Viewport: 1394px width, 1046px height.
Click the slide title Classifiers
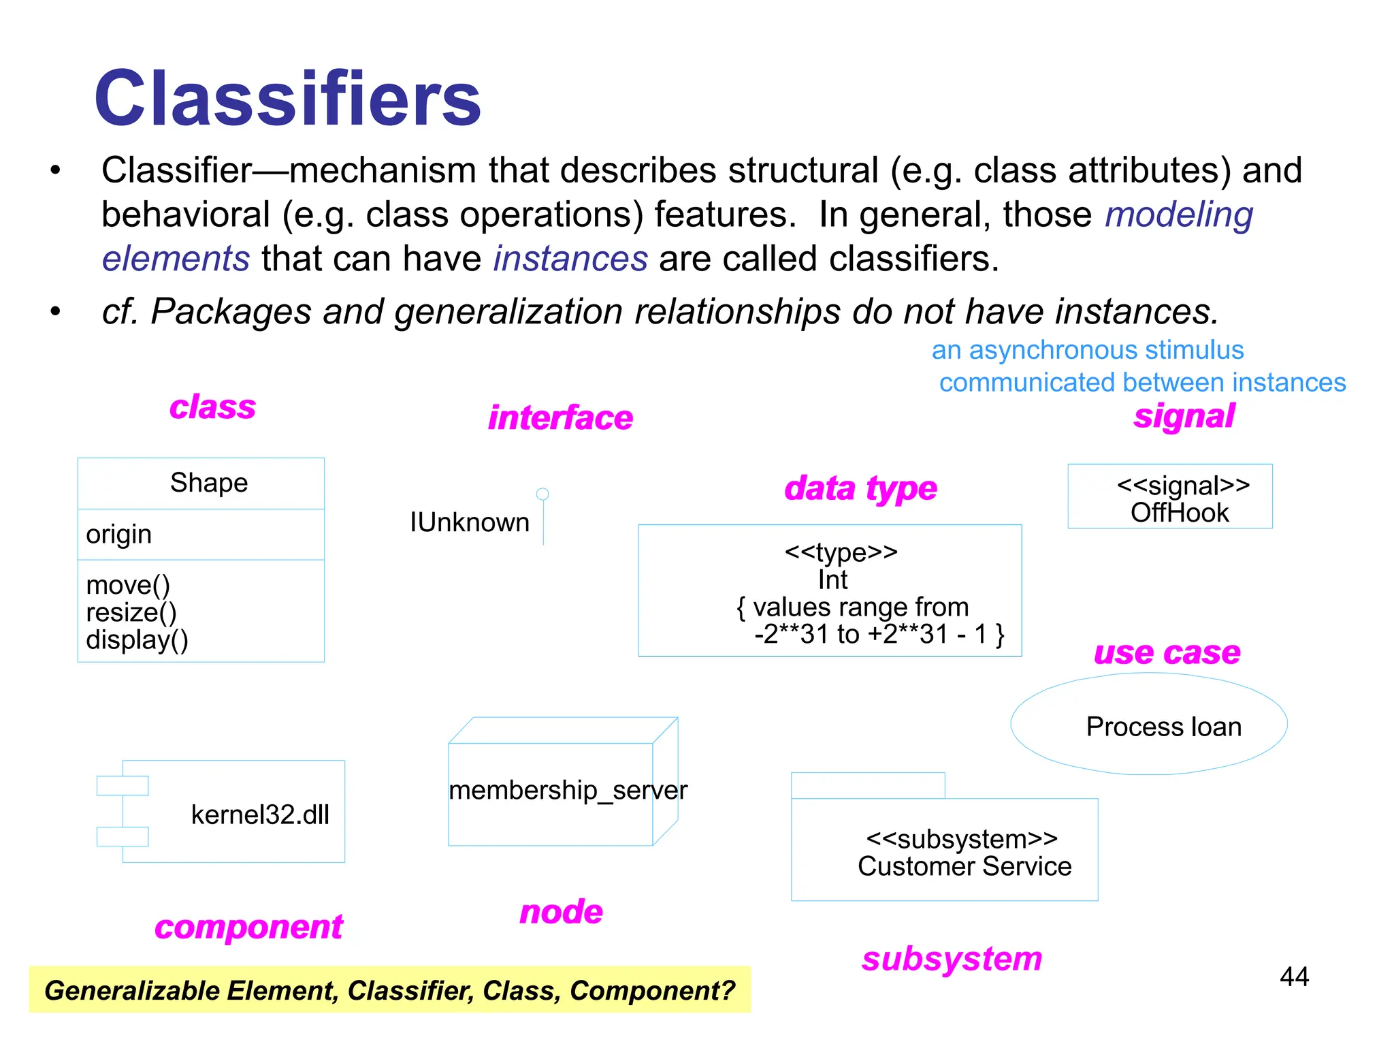[x=287, y=99]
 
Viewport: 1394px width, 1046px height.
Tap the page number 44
[x=1294, y=977]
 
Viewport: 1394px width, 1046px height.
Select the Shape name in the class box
[x=209, y=483]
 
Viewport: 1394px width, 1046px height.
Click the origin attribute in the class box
[x=118, y=535]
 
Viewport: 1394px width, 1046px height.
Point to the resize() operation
[x=131, y=612]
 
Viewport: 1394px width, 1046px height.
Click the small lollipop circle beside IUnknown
[x=542, y=494]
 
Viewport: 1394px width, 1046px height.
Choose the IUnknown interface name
[x=469, y=522]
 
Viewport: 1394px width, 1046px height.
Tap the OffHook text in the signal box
[x=1180, y=513]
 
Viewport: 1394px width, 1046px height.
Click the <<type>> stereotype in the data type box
[x=841, y=552]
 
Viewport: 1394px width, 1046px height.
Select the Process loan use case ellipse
[x=1149, y=725]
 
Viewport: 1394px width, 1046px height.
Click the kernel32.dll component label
[x=260, y=814]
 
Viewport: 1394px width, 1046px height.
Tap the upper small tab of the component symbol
[x=123, y=785]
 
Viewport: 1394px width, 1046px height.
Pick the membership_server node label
[x=568, y=790]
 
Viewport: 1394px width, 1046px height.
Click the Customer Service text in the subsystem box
[x=965, y=866]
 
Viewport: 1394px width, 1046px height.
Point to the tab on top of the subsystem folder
[x=868, y=785]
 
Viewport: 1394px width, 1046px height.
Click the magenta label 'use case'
[x=1167, y=652]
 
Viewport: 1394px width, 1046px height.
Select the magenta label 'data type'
[x=860, y=488]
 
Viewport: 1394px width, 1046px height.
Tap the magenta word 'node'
[x=561, y=912]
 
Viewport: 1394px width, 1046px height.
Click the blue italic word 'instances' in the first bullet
[x=570, y=259]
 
